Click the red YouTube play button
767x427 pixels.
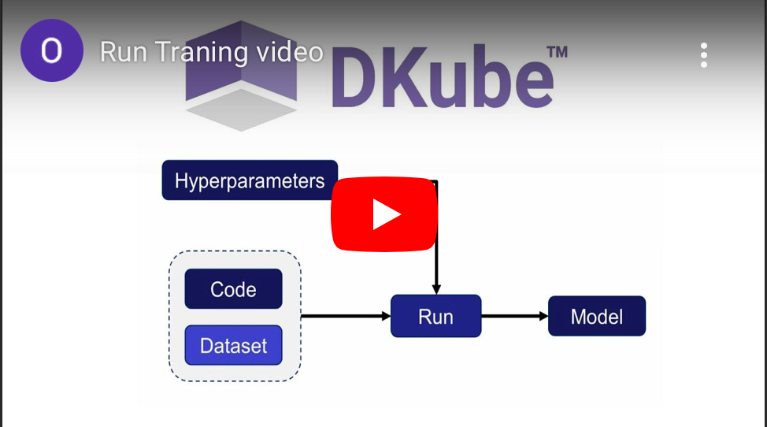coord(383,214)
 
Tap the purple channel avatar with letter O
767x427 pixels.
coord(51,51)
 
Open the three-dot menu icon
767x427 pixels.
coord(703,55)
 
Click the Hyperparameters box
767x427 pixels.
coord(250,180)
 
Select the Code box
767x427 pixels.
coord(233,289)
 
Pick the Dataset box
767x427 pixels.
coord(233,345)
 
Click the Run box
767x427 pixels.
coord(435,316)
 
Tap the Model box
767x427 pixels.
coord(596,316)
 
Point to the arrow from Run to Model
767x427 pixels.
coord(514,316)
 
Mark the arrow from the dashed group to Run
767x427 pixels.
coord(346,316)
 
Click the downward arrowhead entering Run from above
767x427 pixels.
coord(435,288)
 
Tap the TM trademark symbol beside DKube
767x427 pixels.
coord(557,53)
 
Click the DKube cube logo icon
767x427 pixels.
coord(240,75)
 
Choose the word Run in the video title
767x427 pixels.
coord(124,52)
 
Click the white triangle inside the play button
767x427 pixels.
coord(385,214)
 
